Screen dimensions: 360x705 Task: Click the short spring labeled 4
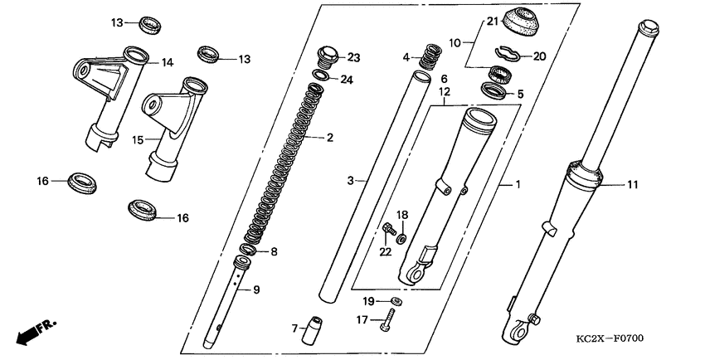point(429,57)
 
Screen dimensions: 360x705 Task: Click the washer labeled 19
point(396,299)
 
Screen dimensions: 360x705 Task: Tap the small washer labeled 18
point(401,239)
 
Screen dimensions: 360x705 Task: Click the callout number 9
point(255,289)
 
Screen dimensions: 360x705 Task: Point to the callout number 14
point(167,62)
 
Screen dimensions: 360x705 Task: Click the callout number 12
point(444,92)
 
